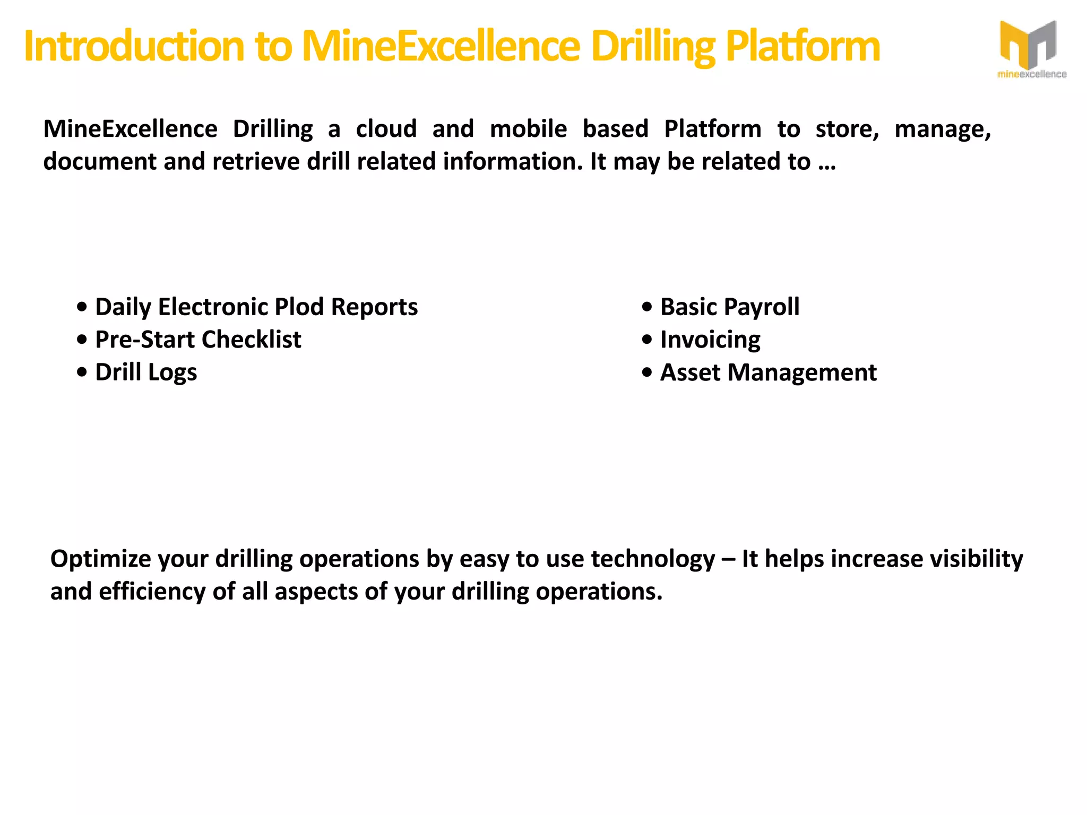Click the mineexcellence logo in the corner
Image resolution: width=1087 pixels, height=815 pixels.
point(1031,49)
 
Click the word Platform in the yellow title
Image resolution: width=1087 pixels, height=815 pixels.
point(802,47)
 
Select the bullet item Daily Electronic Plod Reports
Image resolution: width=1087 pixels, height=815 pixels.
point(256,307)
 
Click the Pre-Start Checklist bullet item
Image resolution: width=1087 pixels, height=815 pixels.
point(198,340)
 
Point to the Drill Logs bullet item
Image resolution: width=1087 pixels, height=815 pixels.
point(146,372)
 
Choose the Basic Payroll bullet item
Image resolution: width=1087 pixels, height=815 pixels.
point(729,307)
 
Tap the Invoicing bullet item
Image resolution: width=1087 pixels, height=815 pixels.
point(710,340)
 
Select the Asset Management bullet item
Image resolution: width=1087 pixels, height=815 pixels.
point(768,372)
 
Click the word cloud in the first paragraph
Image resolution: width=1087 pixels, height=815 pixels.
point(386,129)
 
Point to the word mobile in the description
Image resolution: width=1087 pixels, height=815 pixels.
point(528,129)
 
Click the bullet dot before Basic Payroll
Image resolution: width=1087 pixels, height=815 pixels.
point(646,307)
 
